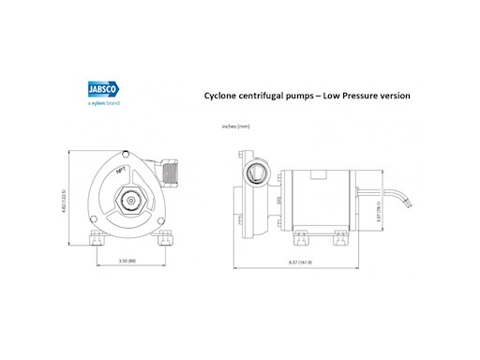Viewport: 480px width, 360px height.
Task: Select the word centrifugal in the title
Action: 269,96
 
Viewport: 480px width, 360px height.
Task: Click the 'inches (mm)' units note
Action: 234,126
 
